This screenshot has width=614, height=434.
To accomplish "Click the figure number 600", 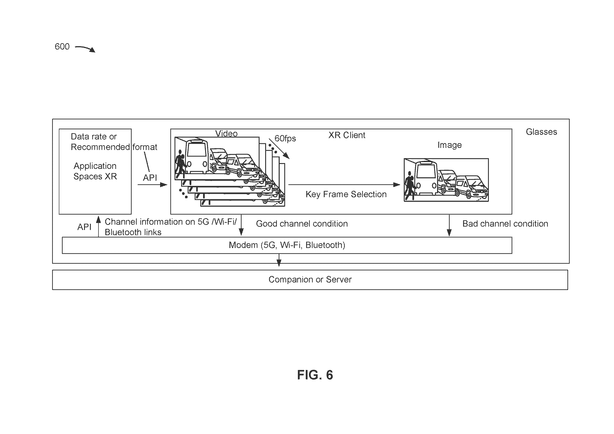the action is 62,47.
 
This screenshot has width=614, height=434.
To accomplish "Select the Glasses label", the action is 541,132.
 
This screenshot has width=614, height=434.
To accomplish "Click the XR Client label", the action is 347,135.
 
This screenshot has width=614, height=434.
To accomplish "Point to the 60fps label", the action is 285,139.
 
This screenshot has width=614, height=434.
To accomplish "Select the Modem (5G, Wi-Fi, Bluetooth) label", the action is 287,245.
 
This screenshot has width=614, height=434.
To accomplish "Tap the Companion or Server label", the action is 310,279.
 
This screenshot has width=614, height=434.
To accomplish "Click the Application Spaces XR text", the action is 95,171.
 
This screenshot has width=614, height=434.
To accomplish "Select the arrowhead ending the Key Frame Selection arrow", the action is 397,184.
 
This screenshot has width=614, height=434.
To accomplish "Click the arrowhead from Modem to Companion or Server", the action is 279,263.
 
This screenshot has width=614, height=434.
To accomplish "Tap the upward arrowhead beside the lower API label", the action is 98,220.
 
